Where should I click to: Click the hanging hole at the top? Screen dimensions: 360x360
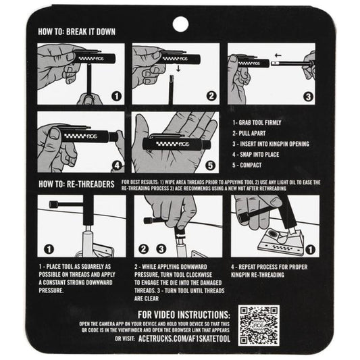tap(180, 24)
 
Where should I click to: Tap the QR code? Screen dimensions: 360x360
tap(259, 326)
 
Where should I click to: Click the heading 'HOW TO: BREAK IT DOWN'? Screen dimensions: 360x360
tap(77, 32)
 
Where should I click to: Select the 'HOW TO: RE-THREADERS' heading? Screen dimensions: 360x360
tap(76, 184)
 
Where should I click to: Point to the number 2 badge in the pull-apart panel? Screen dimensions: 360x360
tap(211, 96)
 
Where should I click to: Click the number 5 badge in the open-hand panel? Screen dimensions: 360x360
tap(210, 165)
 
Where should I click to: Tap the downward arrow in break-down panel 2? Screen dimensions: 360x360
tap(178, 68)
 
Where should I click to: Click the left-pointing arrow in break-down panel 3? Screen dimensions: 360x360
tap(278, 55)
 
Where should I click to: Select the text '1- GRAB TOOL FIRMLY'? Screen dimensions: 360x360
tap(257, 123)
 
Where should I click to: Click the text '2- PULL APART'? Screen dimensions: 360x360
tap(249, 133)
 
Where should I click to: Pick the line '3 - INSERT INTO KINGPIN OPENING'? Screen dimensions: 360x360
tap(271, 144)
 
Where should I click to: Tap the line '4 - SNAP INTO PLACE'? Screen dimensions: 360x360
tap(255, 155)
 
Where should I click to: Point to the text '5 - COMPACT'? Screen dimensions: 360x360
tap(247, 165)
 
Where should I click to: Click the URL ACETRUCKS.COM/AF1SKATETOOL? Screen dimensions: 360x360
tap(184, 339)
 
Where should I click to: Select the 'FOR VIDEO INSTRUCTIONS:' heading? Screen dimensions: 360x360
tap(184, 315)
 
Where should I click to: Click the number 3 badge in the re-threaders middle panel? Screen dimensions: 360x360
tap(161, 249)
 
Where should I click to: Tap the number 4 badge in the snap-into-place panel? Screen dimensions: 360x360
tap(117, 165)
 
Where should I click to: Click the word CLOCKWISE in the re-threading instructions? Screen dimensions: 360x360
tap(199, 275)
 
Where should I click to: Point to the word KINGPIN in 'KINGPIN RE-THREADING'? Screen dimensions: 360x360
tap(240, 275)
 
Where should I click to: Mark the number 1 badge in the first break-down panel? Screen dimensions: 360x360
tap(117, 96)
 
